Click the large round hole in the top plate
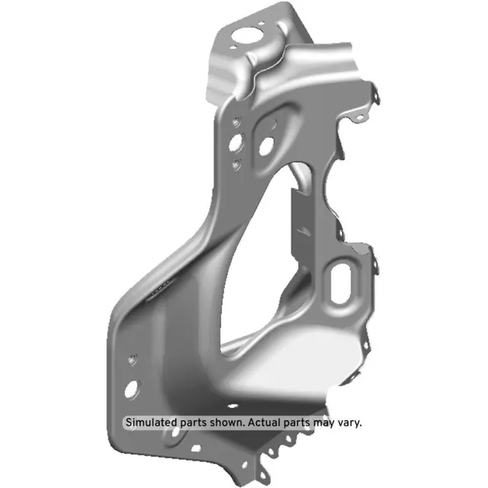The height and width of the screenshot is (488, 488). (x=246, y=35)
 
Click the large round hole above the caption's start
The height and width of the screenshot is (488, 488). (x=132, y=389)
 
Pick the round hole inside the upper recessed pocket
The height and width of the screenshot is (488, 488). (x=267, y=145)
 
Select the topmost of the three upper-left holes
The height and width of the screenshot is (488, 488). (x=238, y=120)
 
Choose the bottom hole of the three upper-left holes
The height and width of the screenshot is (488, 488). (x=237, y=162)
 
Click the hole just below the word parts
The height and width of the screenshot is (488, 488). (x=177, y=436)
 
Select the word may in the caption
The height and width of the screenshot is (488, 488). (x=323, y=422)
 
